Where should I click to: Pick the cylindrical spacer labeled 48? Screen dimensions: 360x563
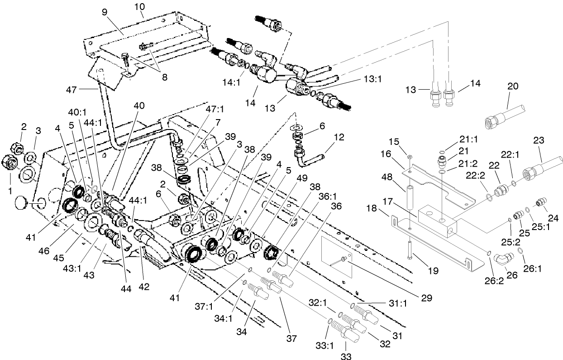pos(410,197)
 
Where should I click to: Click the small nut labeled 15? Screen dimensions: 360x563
pos(409,156)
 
